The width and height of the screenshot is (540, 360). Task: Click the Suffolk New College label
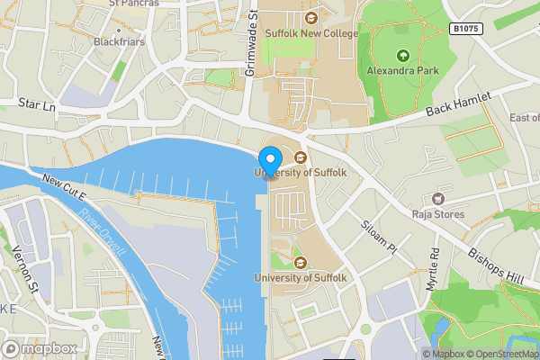point(311,33)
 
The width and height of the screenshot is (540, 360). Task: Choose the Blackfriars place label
point(119,41)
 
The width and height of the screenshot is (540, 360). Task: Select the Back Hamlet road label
point(459,108)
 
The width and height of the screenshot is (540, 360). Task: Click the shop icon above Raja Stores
point(439,198)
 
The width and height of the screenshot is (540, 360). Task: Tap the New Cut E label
point(62,186)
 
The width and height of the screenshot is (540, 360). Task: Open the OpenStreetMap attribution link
point(500,354)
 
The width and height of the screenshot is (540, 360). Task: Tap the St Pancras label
point(133,4)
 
